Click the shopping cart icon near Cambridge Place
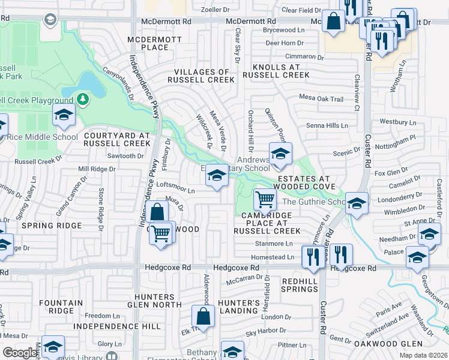[x=265, y=199]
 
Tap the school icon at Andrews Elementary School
[x=280, y=154]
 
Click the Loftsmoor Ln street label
[x=175, y=190]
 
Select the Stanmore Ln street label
[x=273, y=244]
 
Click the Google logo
[x=20, y=353]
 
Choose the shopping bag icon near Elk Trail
[x=203, y=317]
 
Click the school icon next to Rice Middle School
[x=64, y=116]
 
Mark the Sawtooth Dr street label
[x=125, y=156]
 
